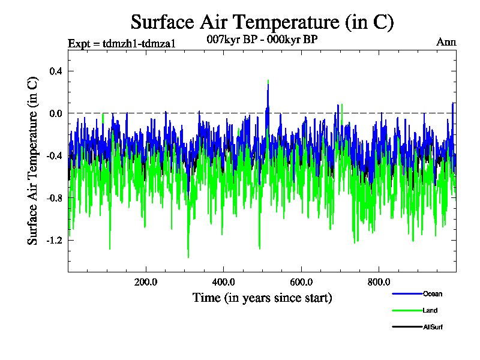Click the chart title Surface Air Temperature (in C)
(x=262, y=22)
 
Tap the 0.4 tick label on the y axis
(x=55, y=71)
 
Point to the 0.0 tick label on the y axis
(x=55, y=113)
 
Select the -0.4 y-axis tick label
(x=54, y=155)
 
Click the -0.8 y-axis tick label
(x=54, y=197)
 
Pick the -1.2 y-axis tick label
(x=54, y=240)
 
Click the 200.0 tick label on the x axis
(x=146, y=281)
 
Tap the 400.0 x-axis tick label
(x=223, y=281)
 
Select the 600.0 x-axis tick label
(x=301, y=281)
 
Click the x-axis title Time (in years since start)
(x=262, y=298)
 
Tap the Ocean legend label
(x=433, y=294)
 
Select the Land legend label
(x=430, y=310)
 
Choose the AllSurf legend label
(x=433, y=327)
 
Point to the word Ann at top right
(x=446, y=42)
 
